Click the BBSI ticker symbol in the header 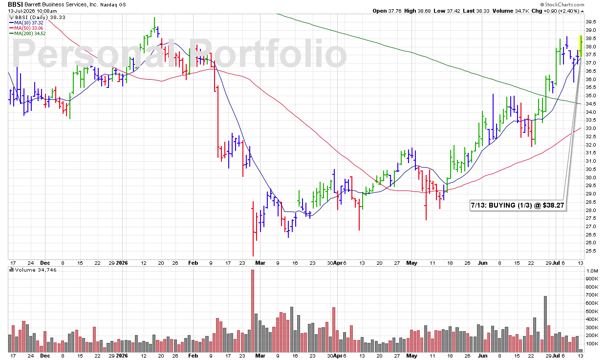[x=16, y=4]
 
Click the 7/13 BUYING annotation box [x=518, y=205]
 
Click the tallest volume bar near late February [x=253, y=311]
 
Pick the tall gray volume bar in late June [x=545, y=324]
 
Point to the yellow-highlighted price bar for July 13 [x=581, y=46]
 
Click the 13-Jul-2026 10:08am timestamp [x=32, y=11]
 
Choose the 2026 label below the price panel [x=122, y=263]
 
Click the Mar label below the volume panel [x=260, y=356]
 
